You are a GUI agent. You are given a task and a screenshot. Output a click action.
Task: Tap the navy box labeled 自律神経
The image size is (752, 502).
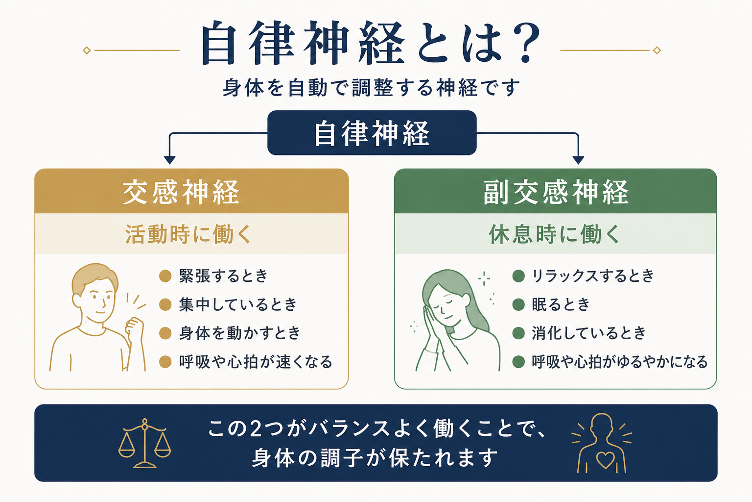coord(372,133)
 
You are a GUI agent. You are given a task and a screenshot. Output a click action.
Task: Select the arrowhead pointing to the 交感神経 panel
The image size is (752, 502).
coord(170,160)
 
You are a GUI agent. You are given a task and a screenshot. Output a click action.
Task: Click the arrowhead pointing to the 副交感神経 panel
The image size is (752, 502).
coord(578,160)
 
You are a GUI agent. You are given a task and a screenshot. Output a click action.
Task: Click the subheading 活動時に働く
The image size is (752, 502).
coord(188,234)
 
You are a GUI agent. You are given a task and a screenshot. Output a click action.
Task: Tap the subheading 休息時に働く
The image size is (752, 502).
coord(554,234)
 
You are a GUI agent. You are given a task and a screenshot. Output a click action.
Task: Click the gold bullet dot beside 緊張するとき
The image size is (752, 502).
coord(165,276)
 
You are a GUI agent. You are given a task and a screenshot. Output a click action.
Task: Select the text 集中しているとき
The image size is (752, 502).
coord(237,304)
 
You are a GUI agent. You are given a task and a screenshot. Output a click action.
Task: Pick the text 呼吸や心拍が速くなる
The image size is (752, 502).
coord(256,362)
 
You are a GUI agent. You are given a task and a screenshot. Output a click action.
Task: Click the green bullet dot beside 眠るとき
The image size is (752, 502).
coord(518,304)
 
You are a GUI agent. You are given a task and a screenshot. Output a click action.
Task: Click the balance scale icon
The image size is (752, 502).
coord(145,443)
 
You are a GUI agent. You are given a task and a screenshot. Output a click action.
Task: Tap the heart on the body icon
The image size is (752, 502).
coord(605,460)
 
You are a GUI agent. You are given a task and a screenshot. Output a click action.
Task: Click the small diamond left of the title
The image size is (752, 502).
coord(87,50)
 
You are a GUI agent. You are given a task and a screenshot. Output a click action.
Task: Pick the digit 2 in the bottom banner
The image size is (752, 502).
coord(256,428)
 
